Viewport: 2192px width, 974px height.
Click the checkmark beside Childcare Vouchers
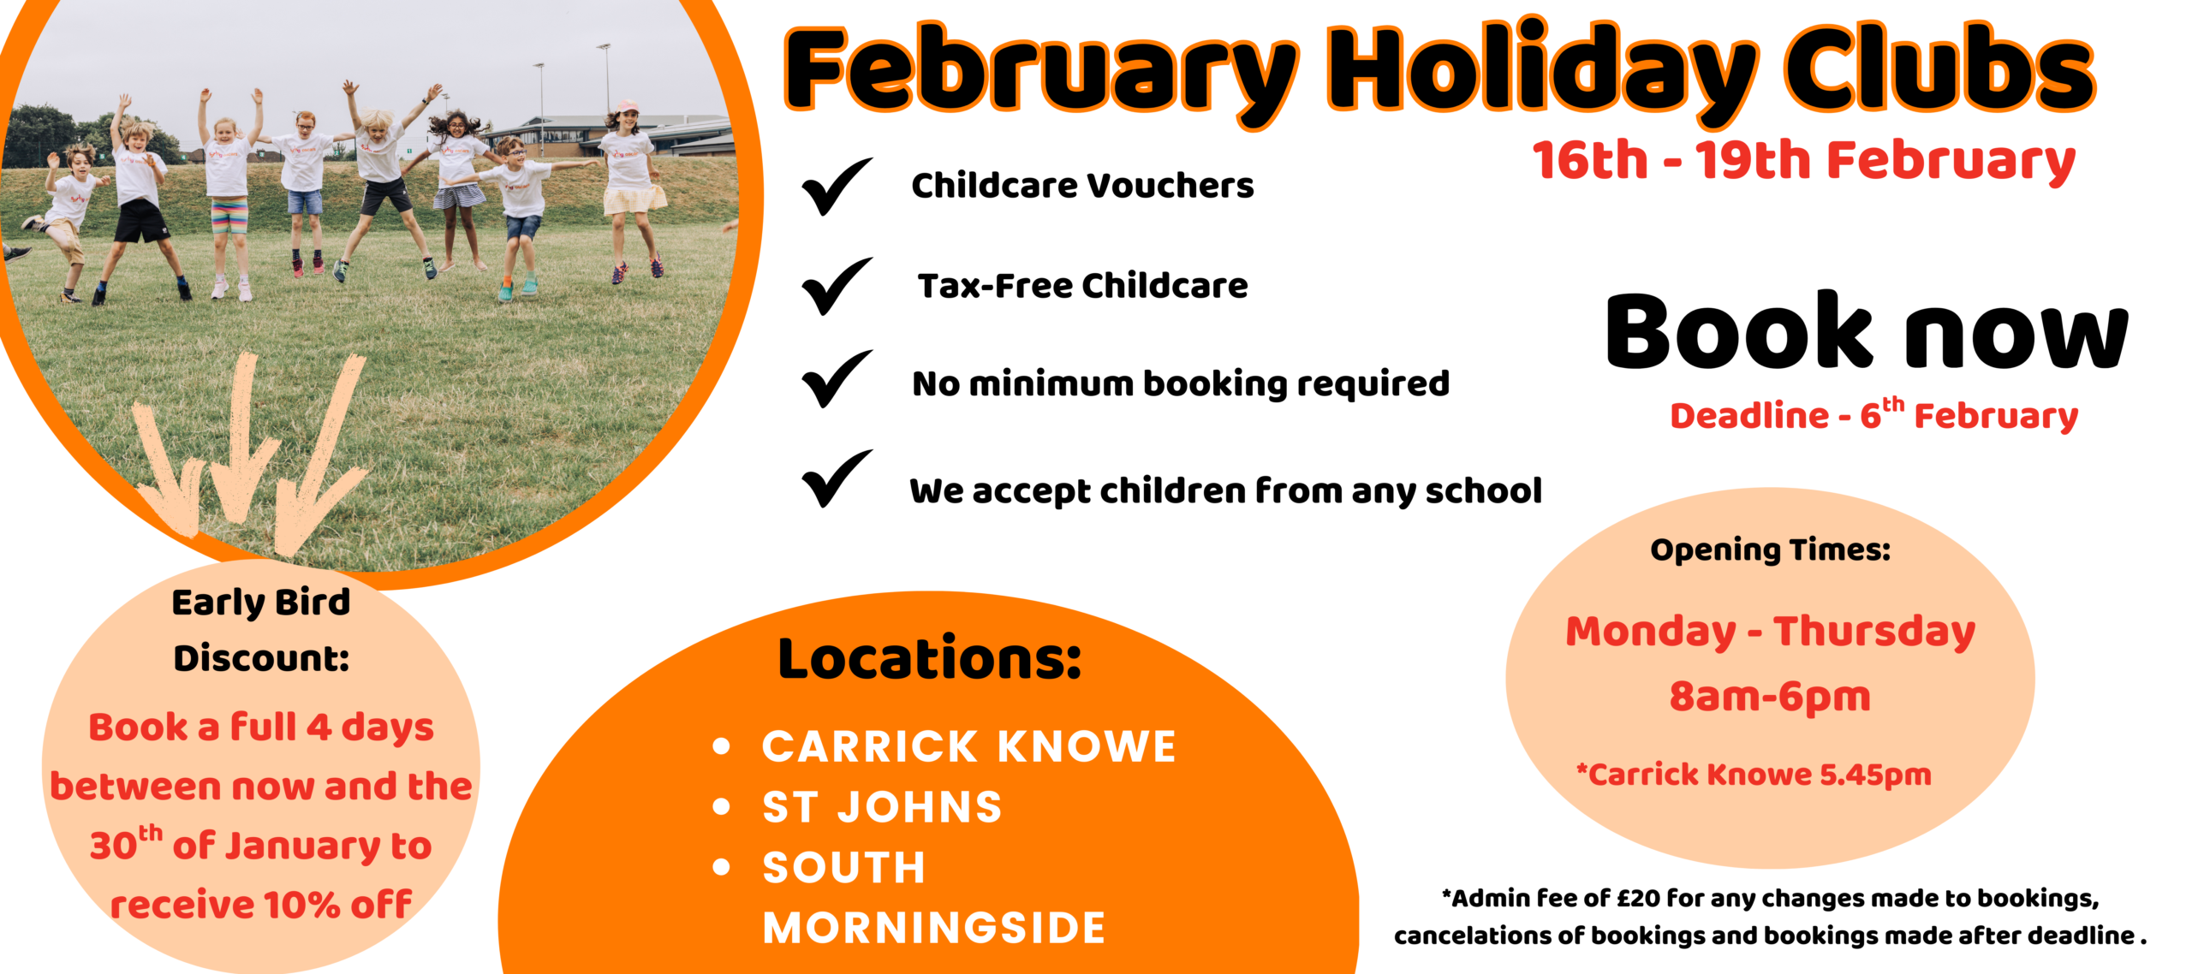tap(835, 187)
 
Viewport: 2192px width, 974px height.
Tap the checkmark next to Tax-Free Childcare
tap(835, 286)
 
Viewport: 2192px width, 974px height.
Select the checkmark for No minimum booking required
tap(835, 378)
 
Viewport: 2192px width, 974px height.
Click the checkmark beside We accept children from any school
tap(835, 478)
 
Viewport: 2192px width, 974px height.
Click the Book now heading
tap(1867, 330)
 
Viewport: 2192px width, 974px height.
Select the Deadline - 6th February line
tap(1874, 415)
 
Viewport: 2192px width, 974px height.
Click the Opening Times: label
tap(1770, 549)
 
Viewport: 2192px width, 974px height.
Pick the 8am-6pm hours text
tap(1770, 697)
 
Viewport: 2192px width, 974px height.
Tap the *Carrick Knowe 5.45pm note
tap(1754, 775)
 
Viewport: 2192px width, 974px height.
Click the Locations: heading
tap(930, 658)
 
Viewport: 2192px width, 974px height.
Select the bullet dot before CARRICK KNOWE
tap(722, 746)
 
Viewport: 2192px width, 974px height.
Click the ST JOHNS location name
tap(882, 807)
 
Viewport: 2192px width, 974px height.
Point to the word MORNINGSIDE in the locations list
tap(934, 928)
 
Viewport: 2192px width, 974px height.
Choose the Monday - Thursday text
tap(1770, 633)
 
